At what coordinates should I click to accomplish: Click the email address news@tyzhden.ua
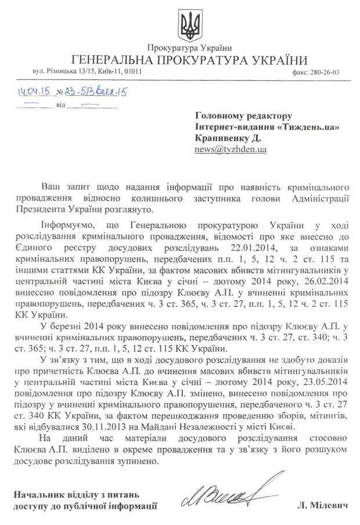tap(231, 149)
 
